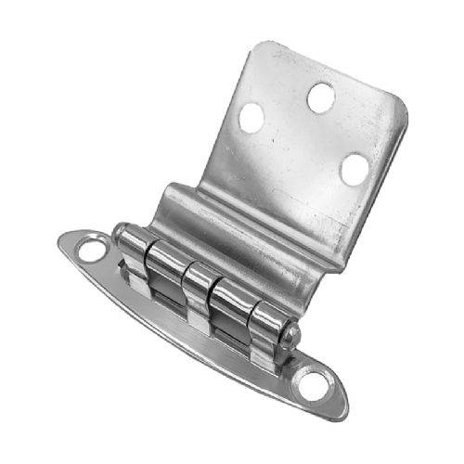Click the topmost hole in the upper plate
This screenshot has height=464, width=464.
[x=320, y=96]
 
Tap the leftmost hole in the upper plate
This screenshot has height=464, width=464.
[x=251, y=118]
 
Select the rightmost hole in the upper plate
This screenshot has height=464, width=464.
[x=354, y=169]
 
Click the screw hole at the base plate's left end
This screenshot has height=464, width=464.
[x=91, y=249]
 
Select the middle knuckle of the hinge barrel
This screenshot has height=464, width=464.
[x=199, y=288]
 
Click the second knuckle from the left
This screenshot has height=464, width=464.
[x=165, y=269]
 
